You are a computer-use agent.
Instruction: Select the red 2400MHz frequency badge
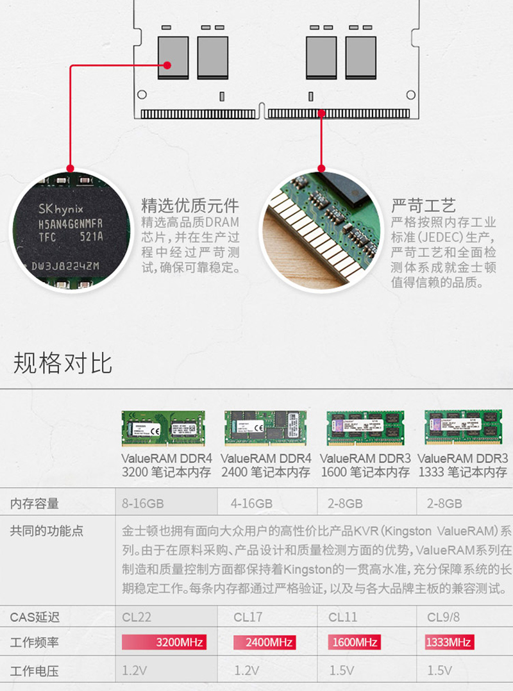(x=263, y=642)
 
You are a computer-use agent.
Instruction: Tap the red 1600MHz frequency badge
(x=353, y=642)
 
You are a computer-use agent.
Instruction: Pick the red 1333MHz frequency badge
(x=449, y=642)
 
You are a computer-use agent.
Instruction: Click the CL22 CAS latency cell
(x=137, y=617)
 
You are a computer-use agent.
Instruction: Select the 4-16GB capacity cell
(x=251, y=504)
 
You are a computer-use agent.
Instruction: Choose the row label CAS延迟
(x=35, y=617)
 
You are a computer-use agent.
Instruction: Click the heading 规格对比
(x=63, y=363)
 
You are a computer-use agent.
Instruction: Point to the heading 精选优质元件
(x=190, y=206)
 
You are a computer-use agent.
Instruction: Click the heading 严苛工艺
(x=424, y=206)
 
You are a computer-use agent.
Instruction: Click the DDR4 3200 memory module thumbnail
(x=167, y=428)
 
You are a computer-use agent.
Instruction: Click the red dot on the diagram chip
(x=167, y=65)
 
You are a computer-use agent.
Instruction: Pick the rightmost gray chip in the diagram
(x=360, y=58)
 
